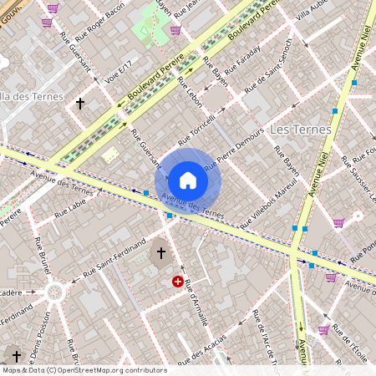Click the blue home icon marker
click(x=188, y=180)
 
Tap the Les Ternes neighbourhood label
click(x=301, y=130)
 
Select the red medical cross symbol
click(x=178, y=282)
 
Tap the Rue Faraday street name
click(x=244, y=59)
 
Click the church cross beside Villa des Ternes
click(x=80, y=104)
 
